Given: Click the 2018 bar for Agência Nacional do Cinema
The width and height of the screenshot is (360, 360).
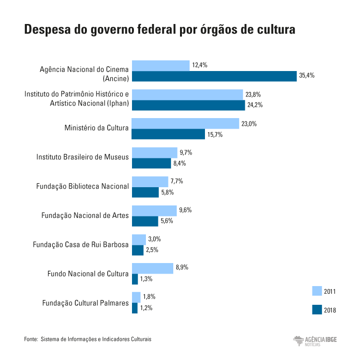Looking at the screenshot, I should pos(214,76).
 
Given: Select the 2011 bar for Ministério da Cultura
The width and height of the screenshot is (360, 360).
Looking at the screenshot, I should pos(185,123).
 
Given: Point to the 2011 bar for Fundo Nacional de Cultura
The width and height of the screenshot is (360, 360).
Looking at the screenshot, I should pos(152,268).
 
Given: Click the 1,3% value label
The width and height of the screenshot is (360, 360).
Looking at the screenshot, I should pos(146,279).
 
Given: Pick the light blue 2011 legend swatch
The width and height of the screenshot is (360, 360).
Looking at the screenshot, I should pos(317,291).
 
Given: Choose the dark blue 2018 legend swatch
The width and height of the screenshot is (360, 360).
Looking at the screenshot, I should pos(317,310).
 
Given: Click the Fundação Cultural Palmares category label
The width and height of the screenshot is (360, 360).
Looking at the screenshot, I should pos(85,303).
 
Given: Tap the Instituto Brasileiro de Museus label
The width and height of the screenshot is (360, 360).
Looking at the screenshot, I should pos(83,157).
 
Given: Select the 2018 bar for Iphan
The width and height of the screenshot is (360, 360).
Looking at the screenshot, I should pos(188,105).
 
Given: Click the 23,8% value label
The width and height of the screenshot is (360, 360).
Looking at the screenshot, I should pos(253,95).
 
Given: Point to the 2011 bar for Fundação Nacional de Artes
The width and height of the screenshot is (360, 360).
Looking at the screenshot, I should pos(154,210).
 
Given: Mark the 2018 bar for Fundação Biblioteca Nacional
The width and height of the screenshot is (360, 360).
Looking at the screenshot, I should pos(145,192).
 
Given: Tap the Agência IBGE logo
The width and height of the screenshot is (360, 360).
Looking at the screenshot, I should pos(315,341).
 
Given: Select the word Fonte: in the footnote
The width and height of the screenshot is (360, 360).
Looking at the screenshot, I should pos(31,339).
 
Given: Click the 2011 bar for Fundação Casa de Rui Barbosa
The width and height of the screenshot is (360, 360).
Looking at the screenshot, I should pos(139,240).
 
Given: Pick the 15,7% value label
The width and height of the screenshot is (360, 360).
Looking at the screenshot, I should pos(215,134).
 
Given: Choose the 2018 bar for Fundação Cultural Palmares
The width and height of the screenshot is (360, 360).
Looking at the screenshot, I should pos(134,308).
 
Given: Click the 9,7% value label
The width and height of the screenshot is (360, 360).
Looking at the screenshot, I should pos(185,153).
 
